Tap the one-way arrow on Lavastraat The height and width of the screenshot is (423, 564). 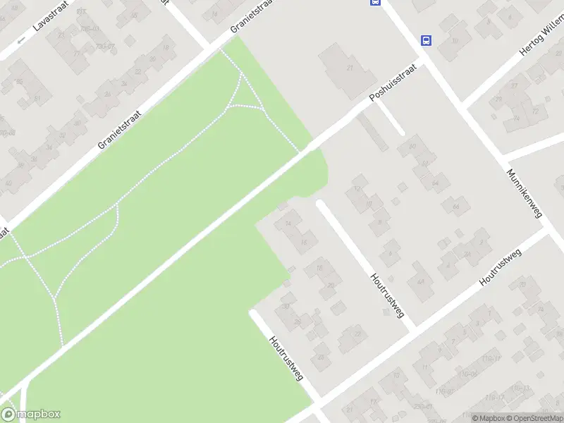pyautogui.click(x=21, y=39)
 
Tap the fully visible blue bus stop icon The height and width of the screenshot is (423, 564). pyautogui.click(x=426, y=40)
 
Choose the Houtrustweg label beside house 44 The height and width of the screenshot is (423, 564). pyautogui.click(x=387, y=295)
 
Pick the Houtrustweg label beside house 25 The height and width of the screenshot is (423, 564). pyautogui.click(x=286, y=357)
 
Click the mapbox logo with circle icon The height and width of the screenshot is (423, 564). pyautogui.click(x=30, y=415)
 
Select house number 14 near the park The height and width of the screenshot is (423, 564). pyautogui.click(x=288, y=223)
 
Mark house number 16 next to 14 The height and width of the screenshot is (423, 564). pyautogui.click(x=304, y=243)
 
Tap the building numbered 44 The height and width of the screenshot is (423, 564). pyautogui.click(x=421, y=281)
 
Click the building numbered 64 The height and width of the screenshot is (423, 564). pyautogui.click(x=435, y=183)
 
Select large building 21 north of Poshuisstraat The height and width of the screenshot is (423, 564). pyautogui.click(x=350, y=68)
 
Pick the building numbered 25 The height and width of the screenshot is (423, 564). pyautogui.click(x=321, y=357)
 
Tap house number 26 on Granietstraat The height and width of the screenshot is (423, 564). pyautogui.click(x=108, y=93)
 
